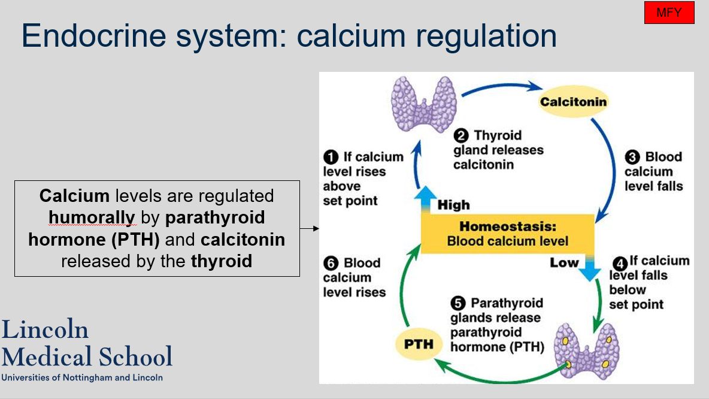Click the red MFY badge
[x=669, y=13]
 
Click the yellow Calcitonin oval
[x=573, y=101]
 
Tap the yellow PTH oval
[x=419, y=344]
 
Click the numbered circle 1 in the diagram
[x=331, y=157]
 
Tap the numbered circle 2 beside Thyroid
[x=460, y=135]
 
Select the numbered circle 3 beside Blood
[x=632, y=157]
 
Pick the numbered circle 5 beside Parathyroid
[x=458, y=303]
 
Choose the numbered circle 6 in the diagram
[x=331, y=263]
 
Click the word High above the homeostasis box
[x=453, y=205]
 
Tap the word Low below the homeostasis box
[x=564, y=262]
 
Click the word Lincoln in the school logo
[x=45, y=330]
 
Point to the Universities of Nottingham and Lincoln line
[x=82, y=377]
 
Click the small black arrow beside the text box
[x=308, y=228]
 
